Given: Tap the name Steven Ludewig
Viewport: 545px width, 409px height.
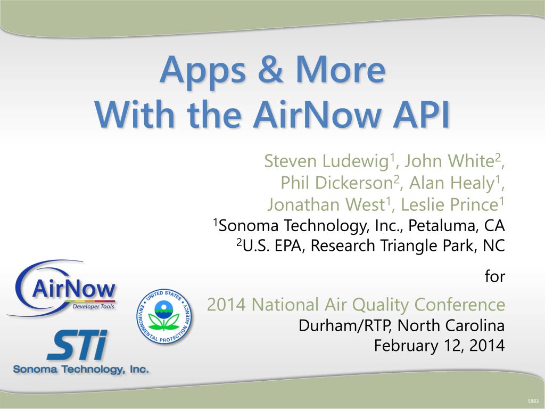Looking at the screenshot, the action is point(326,161).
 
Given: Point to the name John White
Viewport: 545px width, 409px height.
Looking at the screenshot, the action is point(449,161).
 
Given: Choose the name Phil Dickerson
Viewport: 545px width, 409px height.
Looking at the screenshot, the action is point(337,183).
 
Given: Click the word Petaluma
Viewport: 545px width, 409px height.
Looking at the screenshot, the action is point(442,225).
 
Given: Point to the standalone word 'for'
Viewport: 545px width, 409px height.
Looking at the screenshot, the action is point(494,276).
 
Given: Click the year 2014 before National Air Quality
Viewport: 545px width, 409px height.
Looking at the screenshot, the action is point(226,305).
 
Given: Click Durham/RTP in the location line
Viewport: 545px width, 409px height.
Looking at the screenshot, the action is point(345,326).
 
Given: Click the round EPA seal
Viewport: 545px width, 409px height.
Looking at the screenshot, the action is point(164,316).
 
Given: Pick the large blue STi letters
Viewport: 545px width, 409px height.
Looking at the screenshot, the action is point(78,345).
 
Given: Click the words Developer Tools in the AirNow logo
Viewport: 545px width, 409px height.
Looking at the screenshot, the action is point(93,306).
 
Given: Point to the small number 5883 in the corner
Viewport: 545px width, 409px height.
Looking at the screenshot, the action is point(533,401).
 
